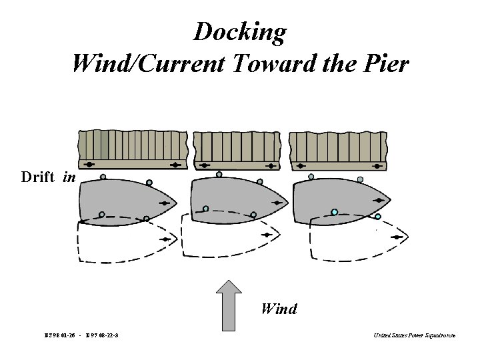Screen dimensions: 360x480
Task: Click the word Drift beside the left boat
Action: click(39, 177)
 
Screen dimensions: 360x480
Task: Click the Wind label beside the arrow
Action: click(279, 309)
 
